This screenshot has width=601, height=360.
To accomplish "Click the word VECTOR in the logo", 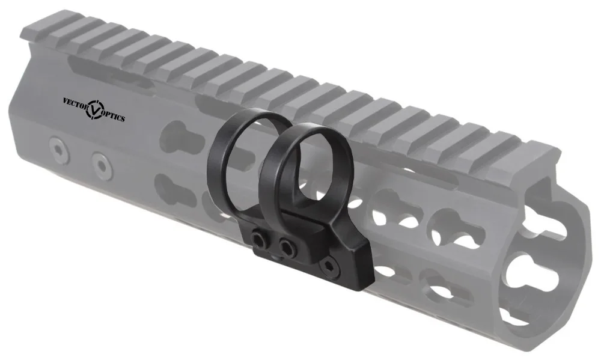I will [75, 102].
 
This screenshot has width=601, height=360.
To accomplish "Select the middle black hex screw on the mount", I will [287, 246].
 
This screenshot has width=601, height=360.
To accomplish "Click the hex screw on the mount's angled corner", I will [328, 263].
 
